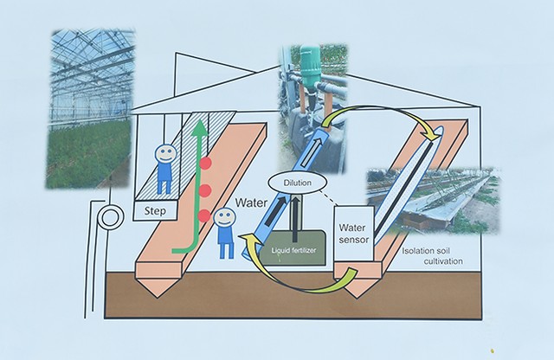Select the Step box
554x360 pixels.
156,209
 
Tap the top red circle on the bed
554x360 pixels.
206,163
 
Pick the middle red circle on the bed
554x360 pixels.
206,190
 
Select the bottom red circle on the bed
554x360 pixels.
205,215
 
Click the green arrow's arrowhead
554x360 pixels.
201,127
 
